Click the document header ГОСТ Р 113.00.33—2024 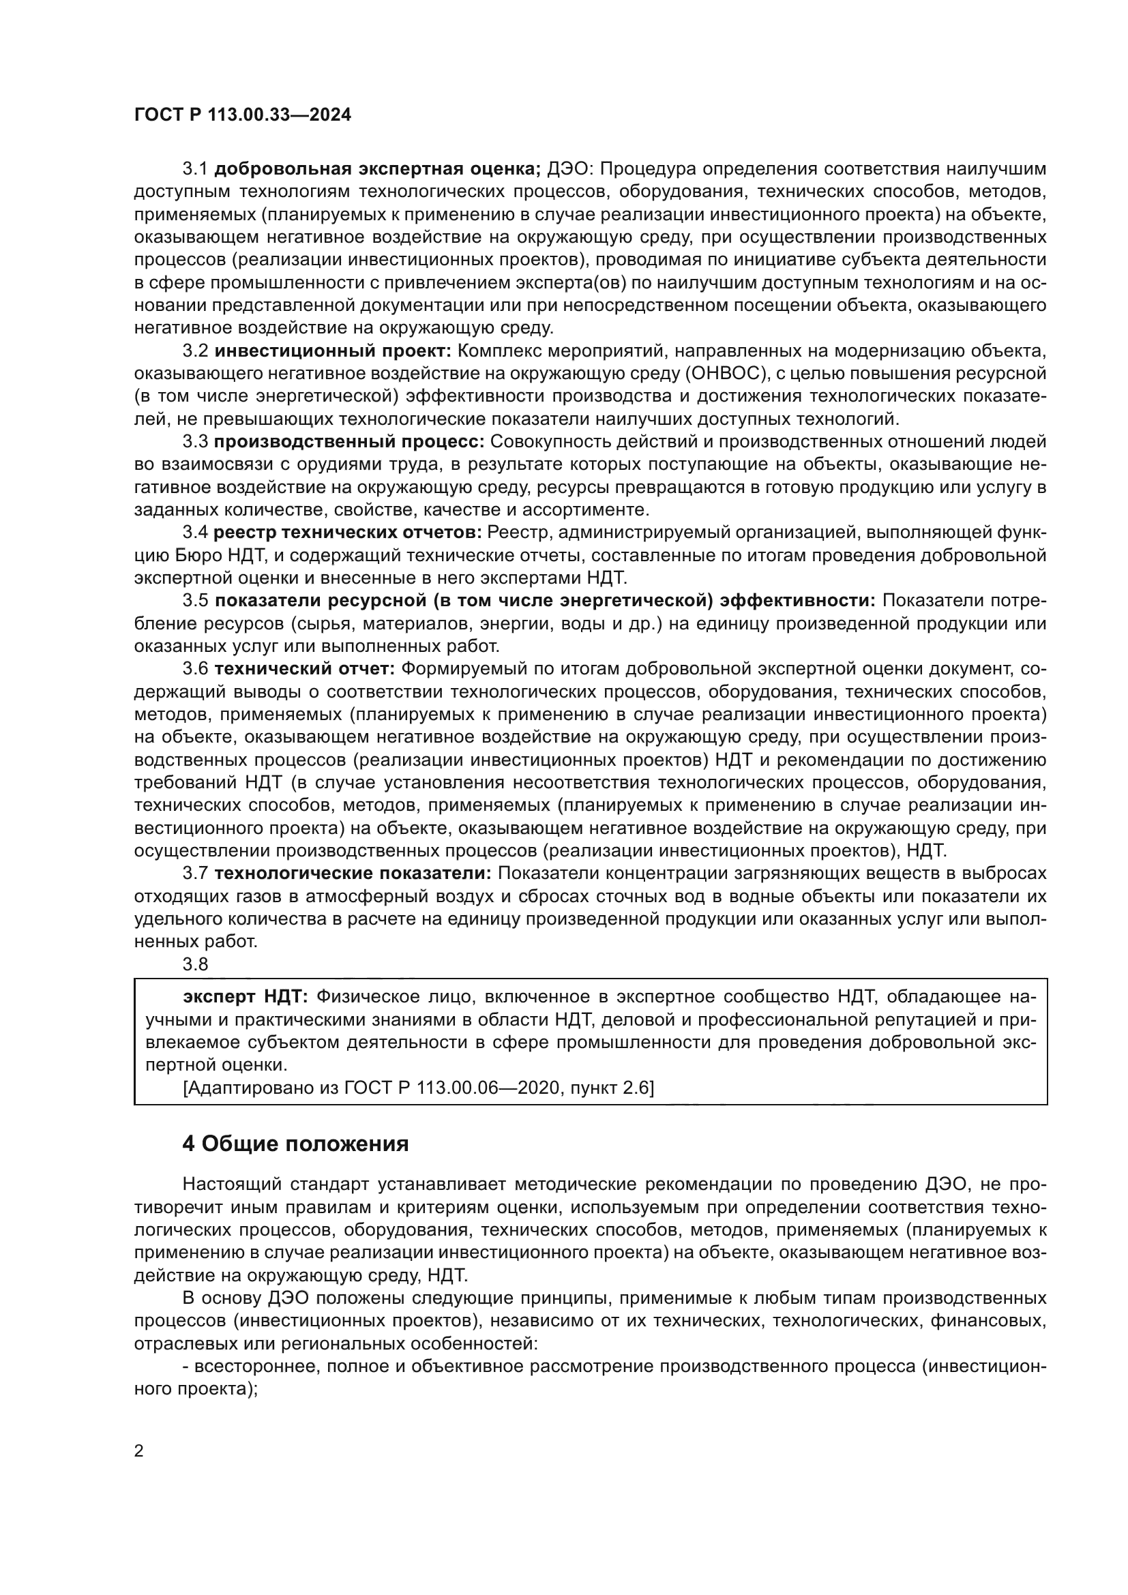[x=242, y=115]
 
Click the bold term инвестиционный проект [x=333, y=350]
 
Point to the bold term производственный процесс [x=348, y=441]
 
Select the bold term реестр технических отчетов [x=347, y=532]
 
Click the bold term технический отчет [x=304, y=668]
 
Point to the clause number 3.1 [x=195, y=169]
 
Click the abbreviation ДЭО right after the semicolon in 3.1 [x=567, y=169]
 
